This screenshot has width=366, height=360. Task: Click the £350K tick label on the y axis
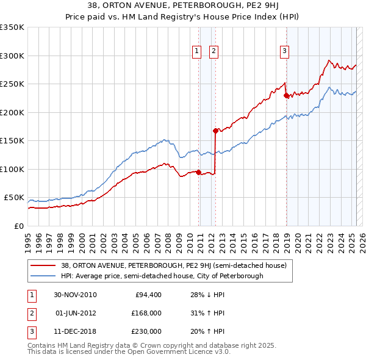(x=12, y=27)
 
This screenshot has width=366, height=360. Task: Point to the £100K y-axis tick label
(x=12, y=169)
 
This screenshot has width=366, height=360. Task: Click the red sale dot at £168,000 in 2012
(x=215, y=131)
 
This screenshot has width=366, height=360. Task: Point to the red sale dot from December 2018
(x=286, y=95)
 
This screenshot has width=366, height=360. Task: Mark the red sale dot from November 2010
(x=199, y=172)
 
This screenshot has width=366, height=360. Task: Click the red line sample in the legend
(x=44, y=265)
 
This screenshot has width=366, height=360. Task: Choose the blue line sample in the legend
(x=44, y=276)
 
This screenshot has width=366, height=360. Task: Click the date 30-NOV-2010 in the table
(x=76, y=295)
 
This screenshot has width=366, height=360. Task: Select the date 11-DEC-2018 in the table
(x=76, y=331)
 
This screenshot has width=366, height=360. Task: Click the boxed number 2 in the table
(x=30, y=313)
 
